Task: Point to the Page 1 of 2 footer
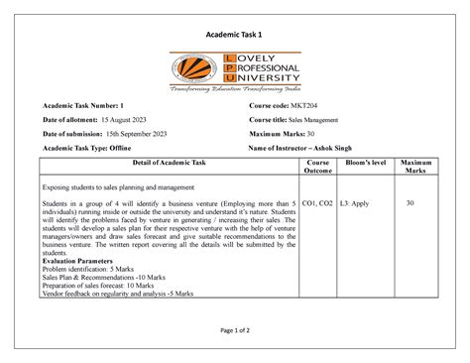click(234, 328)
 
